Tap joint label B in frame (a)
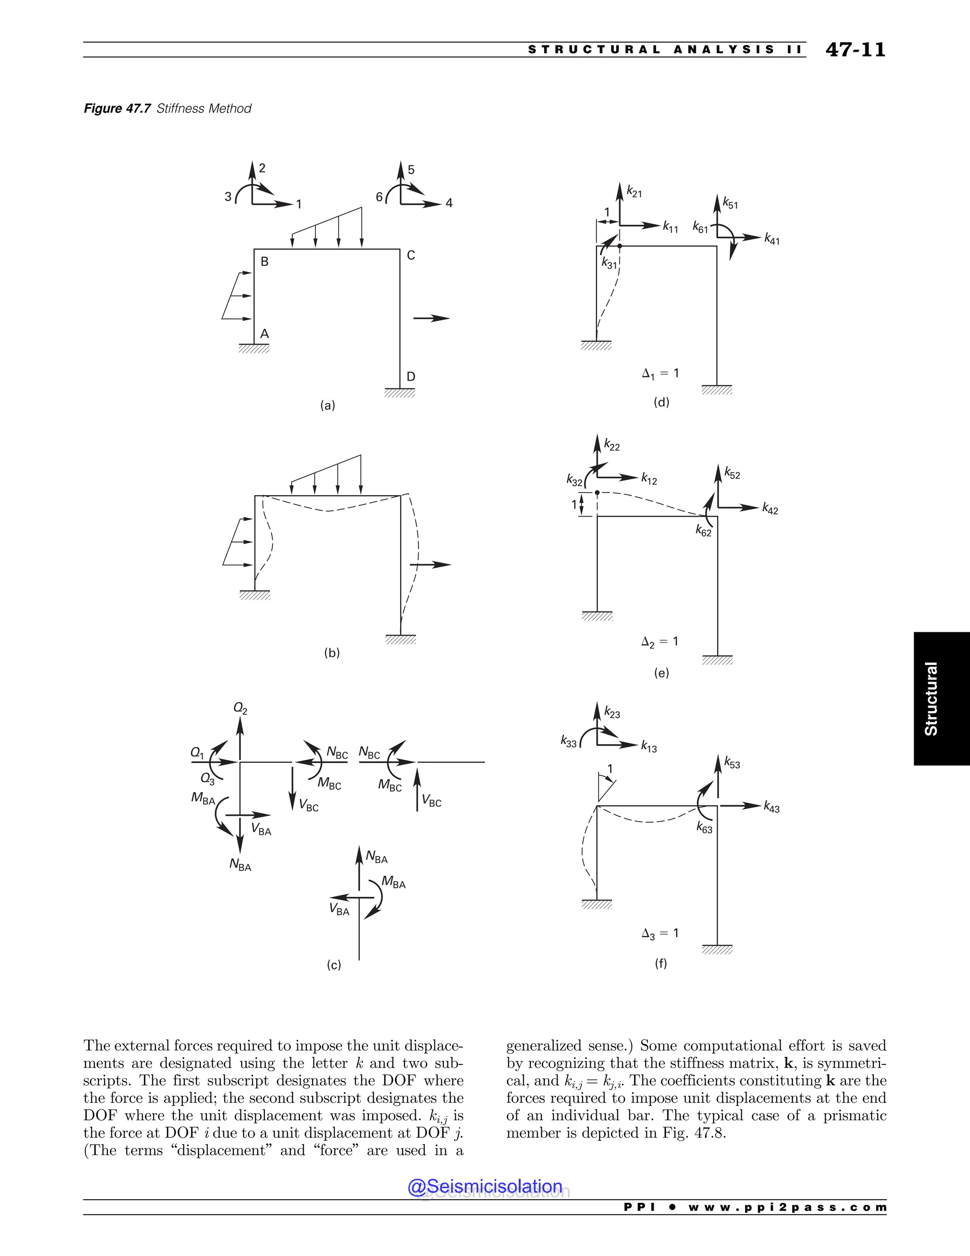[264, 262]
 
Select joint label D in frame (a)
[411, 377]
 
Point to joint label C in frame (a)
[411, 255]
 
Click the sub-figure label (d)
[661, 402]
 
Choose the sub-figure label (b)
[332, 653]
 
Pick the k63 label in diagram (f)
[704, 828]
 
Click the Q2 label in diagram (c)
[240, 709]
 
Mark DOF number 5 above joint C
[411, 170]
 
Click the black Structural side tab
[941, 698]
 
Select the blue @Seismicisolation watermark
[485, 1186]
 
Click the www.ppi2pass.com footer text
[787, 1207]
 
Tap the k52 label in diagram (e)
[732, 474]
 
